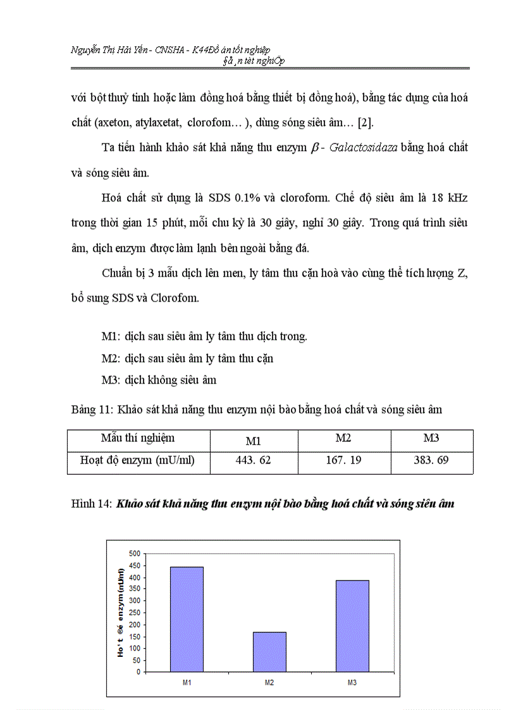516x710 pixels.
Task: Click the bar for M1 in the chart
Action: coord(187,619)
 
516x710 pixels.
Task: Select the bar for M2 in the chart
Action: coord(269,652)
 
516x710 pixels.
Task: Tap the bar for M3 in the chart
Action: coord(352,626)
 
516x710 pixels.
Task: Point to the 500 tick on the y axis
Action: coord(134,553)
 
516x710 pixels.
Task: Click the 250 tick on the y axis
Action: coord(134,613)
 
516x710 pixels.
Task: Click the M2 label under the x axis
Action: coord(269,683)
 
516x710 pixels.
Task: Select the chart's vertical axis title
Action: coord(121,612)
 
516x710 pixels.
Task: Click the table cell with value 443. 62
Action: coord(253,460)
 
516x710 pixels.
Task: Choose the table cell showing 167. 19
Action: coord(344,460)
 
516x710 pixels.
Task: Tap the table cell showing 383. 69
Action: coord(431,460)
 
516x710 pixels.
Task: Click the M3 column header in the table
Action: coord(431,438)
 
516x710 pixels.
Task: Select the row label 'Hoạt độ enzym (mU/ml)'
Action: coord(137,460)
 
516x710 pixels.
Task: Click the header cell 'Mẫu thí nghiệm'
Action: coord(138,438)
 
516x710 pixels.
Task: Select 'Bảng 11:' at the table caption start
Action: coord(92,410)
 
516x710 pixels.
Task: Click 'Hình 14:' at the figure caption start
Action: coord(92,504)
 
